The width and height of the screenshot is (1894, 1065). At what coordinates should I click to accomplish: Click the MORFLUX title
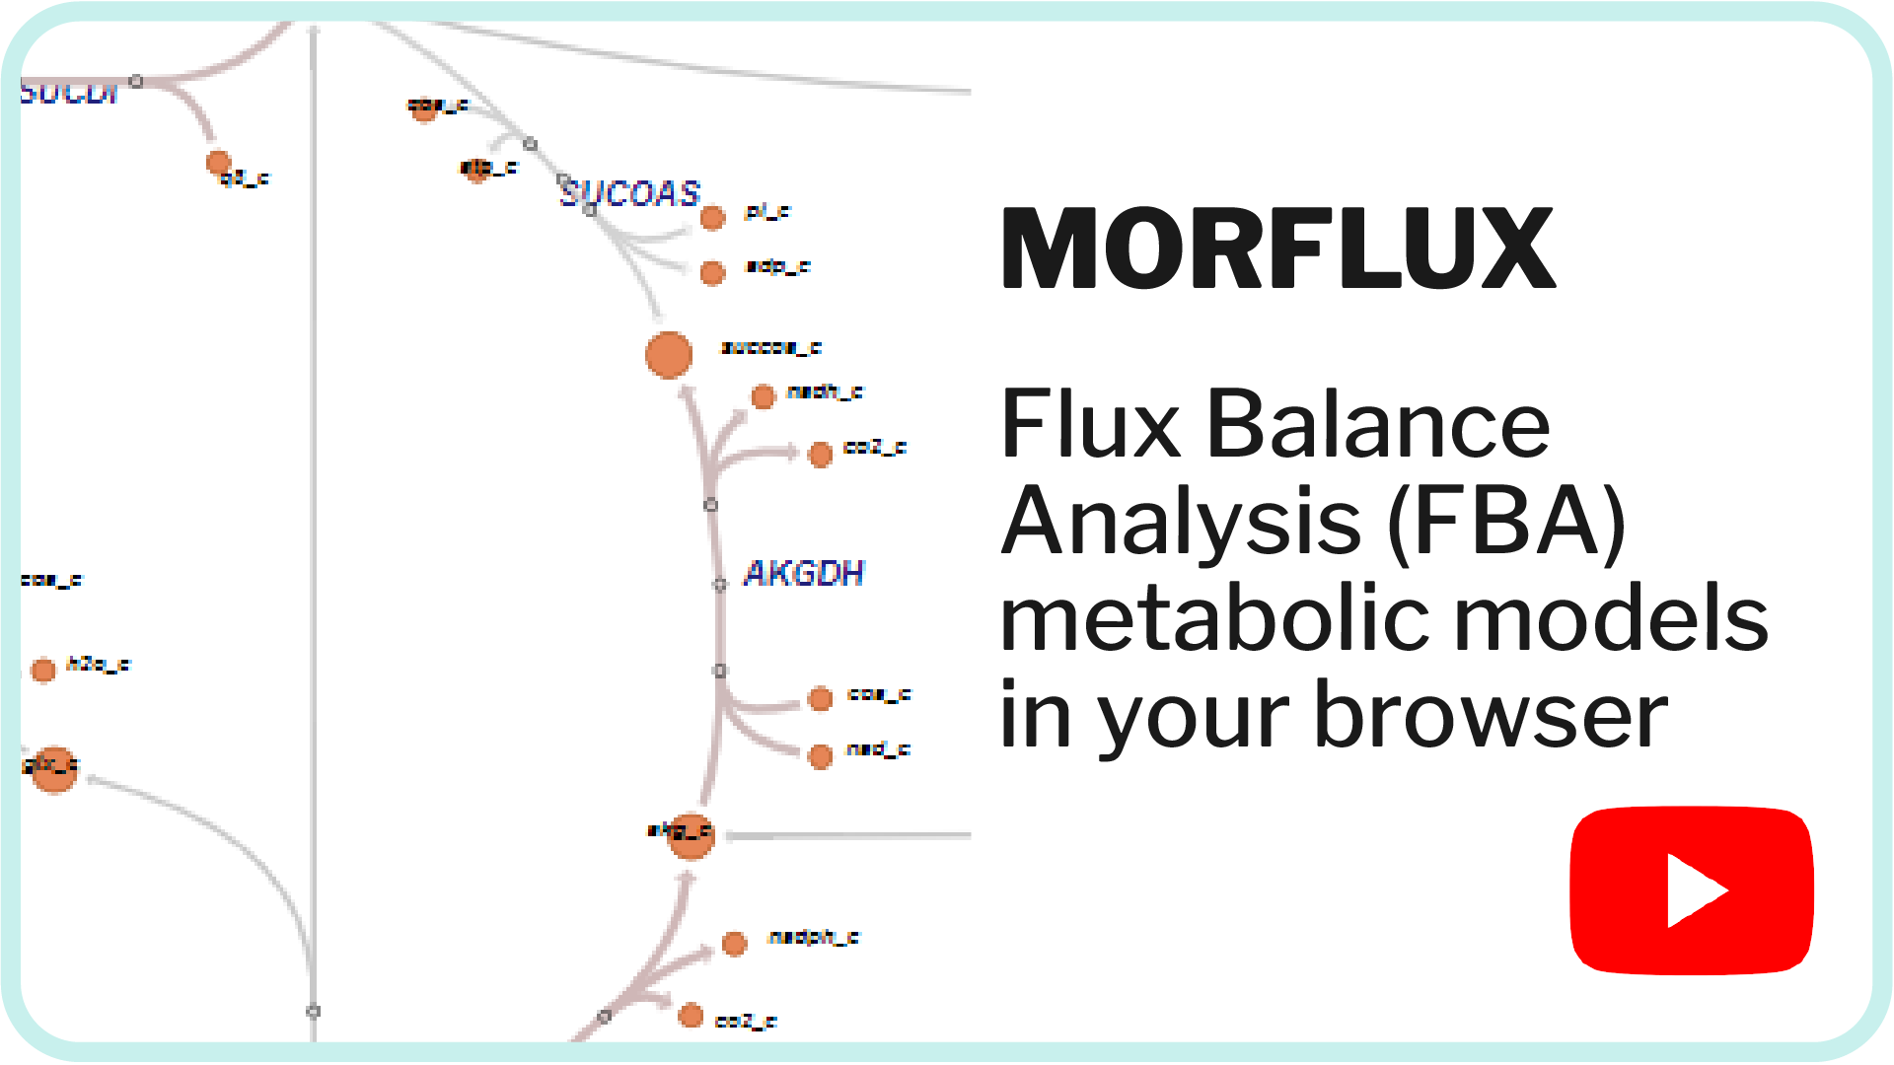point(1278,248)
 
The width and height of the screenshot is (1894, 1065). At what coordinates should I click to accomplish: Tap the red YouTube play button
point(1691,890)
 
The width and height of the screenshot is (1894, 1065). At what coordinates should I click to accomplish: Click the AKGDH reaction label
point(803,573)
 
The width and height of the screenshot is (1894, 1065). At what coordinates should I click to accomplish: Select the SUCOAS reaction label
point(630,193)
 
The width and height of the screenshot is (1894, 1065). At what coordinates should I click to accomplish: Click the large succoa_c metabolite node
point(669,355)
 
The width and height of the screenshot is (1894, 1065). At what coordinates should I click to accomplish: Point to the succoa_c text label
point(771,347)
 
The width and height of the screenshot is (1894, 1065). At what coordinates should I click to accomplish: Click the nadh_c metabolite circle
point(764,396)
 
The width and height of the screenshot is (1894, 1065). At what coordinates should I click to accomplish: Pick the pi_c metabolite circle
point(712,217)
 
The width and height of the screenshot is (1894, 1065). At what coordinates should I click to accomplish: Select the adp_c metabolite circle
point(712,272)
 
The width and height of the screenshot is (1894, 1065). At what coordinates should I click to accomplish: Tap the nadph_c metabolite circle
point(734,944)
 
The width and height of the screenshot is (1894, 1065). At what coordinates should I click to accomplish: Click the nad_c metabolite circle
point(820,756)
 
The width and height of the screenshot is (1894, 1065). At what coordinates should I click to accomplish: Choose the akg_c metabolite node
point(691,835)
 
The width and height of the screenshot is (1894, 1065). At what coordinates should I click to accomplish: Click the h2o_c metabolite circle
point(43,671)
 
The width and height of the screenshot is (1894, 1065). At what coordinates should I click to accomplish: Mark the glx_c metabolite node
point(53,769)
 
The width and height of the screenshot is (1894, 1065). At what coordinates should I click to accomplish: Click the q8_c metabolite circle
point(218,162)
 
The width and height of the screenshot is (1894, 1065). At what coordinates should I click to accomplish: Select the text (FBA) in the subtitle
point(1505,523)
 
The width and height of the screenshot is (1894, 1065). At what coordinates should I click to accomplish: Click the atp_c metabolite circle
point(476,171)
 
